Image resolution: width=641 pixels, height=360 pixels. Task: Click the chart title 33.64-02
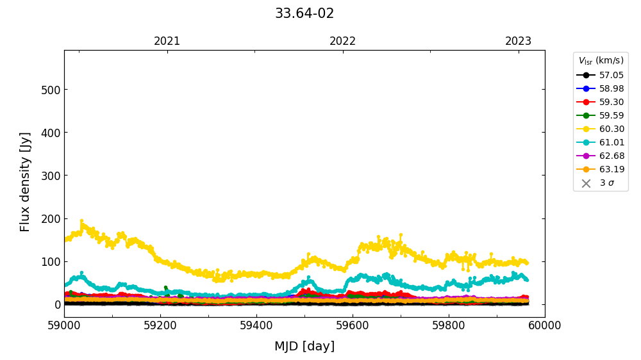304,13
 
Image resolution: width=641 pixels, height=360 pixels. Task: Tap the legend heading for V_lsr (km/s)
601,61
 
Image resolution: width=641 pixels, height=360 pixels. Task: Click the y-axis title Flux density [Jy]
26,182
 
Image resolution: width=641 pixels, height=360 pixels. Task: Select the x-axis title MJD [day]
304,347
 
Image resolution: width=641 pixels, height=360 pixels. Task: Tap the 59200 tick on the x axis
160,325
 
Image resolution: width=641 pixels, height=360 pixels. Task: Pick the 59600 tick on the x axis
353,325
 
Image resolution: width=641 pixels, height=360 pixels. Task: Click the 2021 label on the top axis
167,42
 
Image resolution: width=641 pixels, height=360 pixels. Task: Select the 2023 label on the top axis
519,42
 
